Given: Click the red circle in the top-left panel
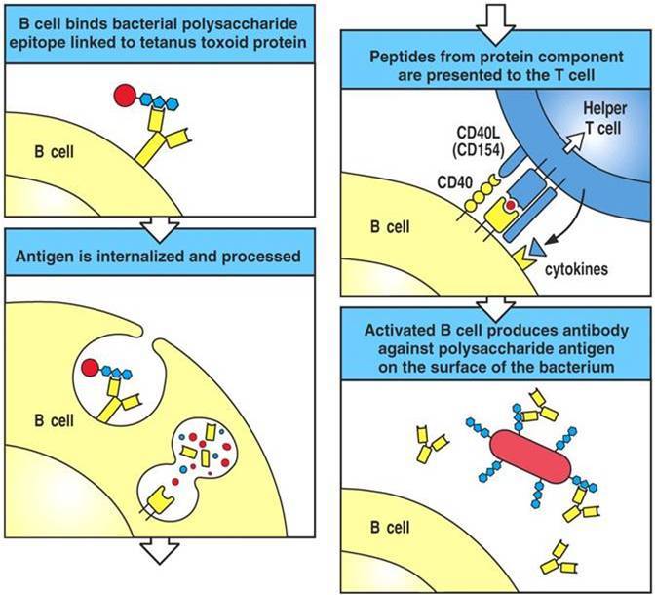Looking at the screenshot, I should (125, 96).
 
